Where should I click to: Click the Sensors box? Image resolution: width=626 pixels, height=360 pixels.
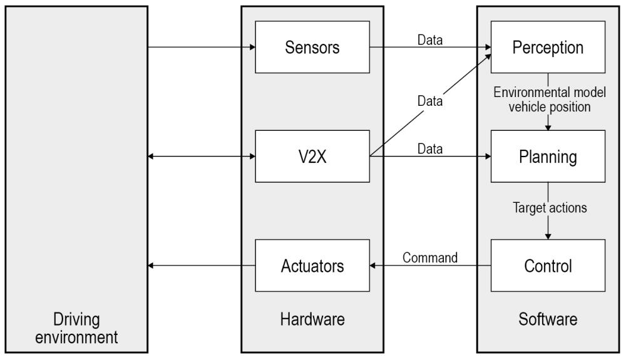click(x=312, y=47)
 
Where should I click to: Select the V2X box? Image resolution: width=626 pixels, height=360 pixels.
click(x=312, y=156)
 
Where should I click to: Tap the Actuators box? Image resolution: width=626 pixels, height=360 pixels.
click(x=312, y=265)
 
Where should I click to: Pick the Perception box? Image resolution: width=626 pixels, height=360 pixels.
click(x=548, y=47)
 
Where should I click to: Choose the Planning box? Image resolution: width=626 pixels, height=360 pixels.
click(x=548, y=157)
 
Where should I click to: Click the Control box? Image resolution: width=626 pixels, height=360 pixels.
click(x=548, y=265)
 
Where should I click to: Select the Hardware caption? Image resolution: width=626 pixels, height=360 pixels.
click(x=312, y=320)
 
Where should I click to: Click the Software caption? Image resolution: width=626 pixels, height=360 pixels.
click(x=548, y=320)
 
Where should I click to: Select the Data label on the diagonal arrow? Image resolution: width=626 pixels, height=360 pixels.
click(x=429, y=100)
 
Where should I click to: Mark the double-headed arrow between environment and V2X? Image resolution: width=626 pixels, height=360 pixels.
click(x=201, y=156)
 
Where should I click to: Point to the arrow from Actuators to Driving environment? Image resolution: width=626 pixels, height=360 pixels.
click(x=201, y=266)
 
